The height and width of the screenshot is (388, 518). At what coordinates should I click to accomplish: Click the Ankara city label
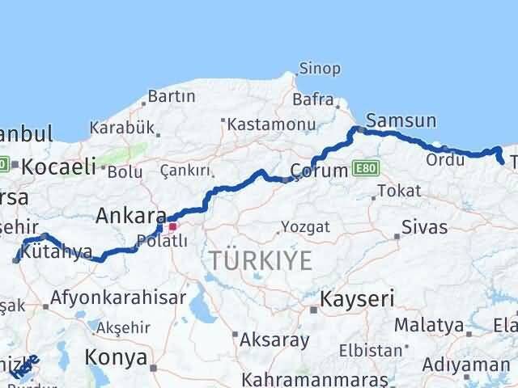point(130,216)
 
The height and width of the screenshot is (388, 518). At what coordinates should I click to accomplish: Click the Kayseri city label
point(357,300)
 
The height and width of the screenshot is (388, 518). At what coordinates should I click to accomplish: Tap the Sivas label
point(426,227)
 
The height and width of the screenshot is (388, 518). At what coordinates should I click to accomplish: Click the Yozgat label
point(306,227)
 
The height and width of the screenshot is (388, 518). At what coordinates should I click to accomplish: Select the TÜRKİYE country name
point(261,260)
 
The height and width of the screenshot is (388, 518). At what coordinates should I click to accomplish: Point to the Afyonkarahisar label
point(113,297)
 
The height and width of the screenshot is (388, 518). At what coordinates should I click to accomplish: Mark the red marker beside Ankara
point(172,226)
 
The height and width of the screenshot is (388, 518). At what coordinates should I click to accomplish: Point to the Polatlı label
point(162,241)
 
